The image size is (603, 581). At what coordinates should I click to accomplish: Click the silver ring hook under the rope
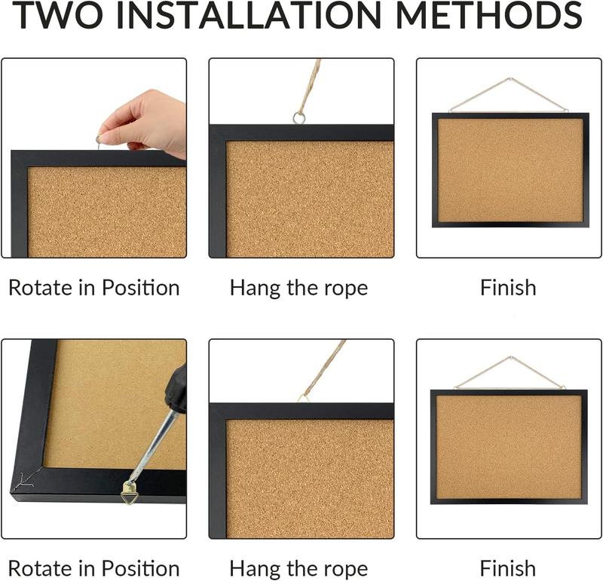point(299,118)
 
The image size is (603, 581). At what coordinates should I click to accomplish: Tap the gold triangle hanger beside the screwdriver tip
point(130,491)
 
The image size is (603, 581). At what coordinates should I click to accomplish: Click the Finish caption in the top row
point(508,288)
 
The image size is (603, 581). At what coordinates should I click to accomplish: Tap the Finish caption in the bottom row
point(508,568)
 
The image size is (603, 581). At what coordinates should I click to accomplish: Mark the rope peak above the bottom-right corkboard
point(510,358)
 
